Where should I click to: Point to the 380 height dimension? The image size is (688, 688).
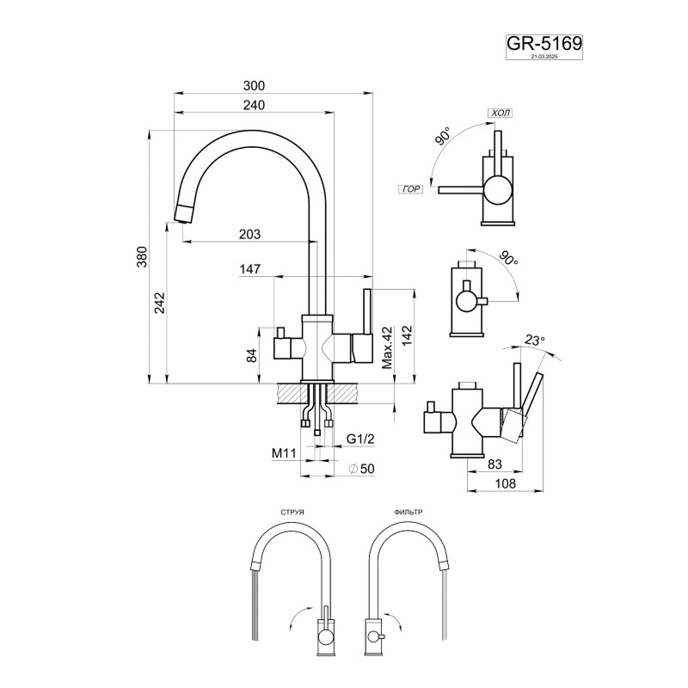143,257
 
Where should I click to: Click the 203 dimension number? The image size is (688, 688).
249,234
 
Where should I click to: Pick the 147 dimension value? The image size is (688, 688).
250,269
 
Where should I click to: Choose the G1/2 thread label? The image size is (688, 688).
359,439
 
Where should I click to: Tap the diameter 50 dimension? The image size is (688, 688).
361,468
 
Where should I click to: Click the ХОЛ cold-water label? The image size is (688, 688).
500,113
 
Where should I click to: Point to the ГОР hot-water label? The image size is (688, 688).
411,187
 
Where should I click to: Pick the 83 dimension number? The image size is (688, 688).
494,465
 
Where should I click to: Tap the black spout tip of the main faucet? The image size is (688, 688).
184,212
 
